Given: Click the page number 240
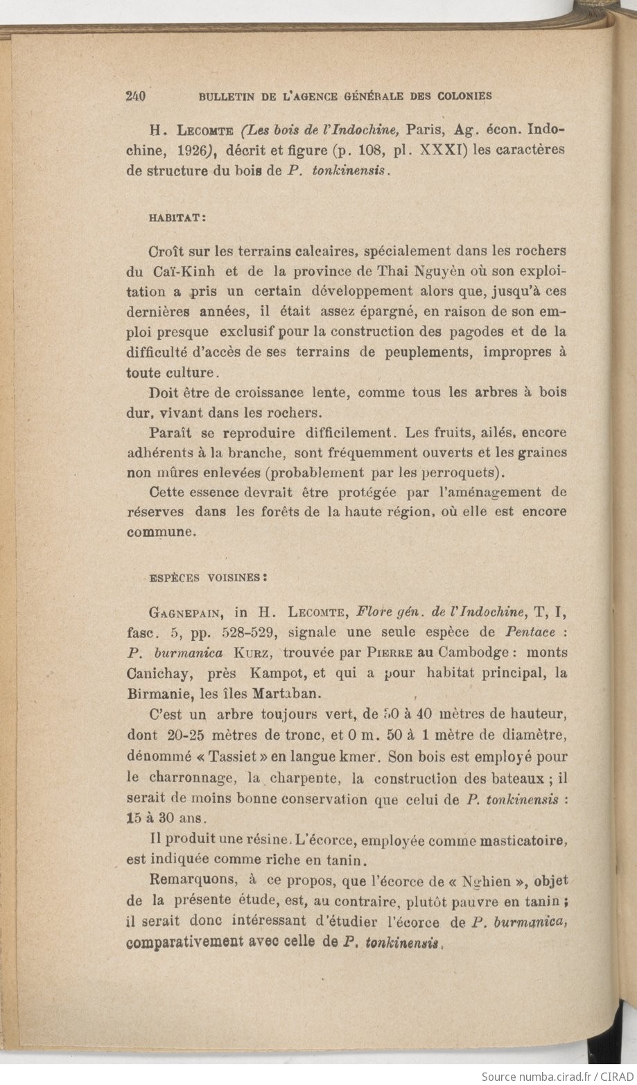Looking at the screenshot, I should coord(135,96).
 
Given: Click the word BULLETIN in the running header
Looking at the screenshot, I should coord(228,97).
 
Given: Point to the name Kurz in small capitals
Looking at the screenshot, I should coord(252,653).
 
